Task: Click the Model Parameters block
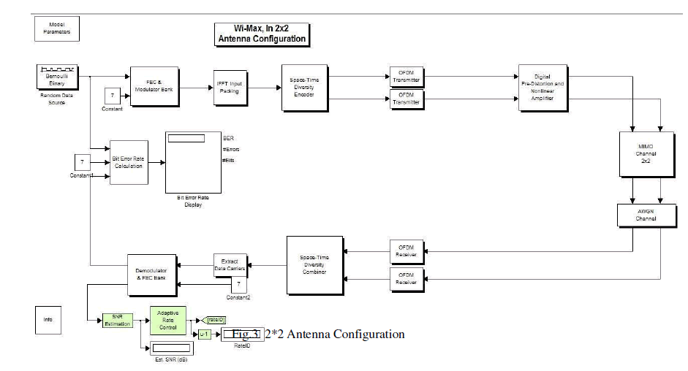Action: (x=56, y=28)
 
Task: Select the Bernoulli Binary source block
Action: (x=52, y=77)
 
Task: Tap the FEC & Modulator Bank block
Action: (x=154, y=85)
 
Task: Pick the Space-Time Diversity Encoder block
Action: (x=303, y=88)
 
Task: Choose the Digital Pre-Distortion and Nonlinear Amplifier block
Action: (x=543, y=88)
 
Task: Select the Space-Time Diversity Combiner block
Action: (x=314, y=264)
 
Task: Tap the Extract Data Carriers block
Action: (x=230, y=264)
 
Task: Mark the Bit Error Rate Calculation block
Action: (x=129, y=161)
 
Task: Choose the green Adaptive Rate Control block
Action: (x=168, y=319)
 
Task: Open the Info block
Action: (x=48, y=319)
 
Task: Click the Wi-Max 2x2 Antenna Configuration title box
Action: (x=262, y=34)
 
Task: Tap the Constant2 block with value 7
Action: (x=238, y=283)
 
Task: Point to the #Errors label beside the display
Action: (x=230, y=149)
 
